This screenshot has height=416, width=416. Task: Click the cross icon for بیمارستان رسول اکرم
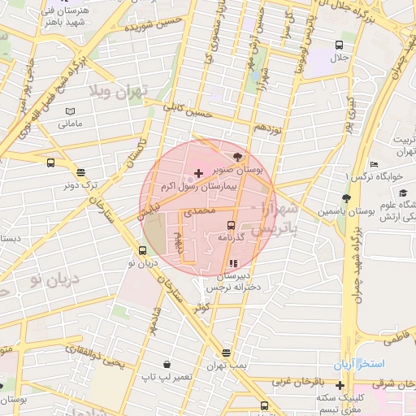pyautogui.click(x=199, y=174)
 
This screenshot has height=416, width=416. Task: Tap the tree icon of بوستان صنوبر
pyautogui.click(x=237, y=157)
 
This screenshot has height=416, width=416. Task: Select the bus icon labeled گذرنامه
pyautogui.click(x=231, y=225)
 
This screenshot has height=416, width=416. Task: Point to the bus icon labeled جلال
pyautogui.click(x=338, y=45)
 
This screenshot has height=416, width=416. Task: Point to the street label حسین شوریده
pyautogui.click(x=150, y=27)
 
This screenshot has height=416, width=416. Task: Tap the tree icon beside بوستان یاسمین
pyautogui.click(x=346, y=197)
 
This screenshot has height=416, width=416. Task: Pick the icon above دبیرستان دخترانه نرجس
pyautogui.click(x=233, y=263)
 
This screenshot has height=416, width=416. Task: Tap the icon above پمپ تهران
pyautogui.click(x=225, y=353)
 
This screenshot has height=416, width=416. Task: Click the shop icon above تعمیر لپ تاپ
pyautogui.click(x=167, y=364)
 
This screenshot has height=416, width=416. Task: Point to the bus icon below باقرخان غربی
pyautogui.click(x=263, y=405)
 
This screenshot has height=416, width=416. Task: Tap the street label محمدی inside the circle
pyautogui.click(x=200, y=211)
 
